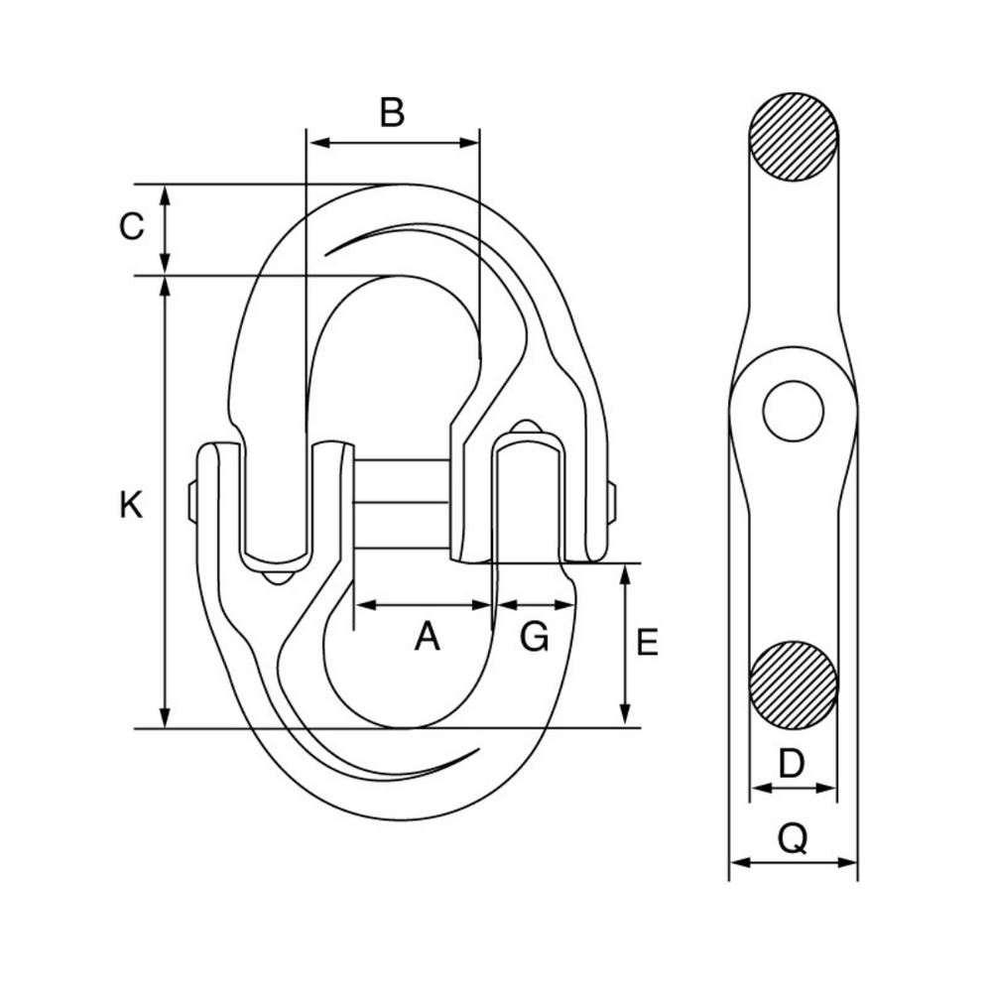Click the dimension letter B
tap(393, 112)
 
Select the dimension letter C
tap(132, 227)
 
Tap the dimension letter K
tap(131, 505)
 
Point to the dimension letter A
tap(427, 637)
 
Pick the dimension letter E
tap(647, 643)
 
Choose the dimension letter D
tap(791, 764)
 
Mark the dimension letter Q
tap(793, 840)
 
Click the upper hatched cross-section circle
tap(794, 137)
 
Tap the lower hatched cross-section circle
tap(794, 684)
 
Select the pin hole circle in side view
tap(794, 411)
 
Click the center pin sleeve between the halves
tap(402, 503)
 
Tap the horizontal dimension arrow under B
tap(393, 143)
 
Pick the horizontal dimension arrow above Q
tap(793, 862)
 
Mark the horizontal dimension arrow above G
tap(535, 603)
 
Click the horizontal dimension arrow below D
tap(793, 789)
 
